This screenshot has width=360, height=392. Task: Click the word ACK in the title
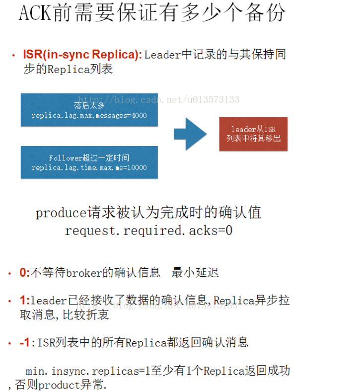pos(35,12)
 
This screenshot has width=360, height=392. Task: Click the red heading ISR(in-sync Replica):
pos(82,55)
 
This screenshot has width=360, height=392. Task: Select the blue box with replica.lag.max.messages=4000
pos(89,110)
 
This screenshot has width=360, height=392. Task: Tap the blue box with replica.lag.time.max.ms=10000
pos(89,162)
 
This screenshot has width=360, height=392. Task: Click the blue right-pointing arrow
pos(190,134)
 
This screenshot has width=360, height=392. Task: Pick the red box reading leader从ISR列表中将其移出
pos(253,134)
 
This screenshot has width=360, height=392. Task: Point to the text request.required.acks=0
pos(148,231)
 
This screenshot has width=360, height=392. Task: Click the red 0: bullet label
pos(24,272)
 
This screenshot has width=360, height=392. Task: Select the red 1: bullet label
pos(24,300)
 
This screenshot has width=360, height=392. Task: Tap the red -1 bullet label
pos(24,342)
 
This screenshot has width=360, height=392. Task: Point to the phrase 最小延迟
pos(195,272)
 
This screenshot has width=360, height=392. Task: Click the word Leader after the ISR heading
pos(162,55)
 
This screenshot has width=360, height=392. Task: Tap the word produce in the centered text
pos(61,213)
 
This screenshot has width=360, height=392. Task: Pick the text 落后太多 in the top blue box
pos(89,105)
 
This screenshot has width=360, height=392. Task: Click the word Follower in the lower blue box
pos(66,158)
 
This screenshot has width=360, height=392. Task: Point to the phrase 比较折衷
pos(86,314)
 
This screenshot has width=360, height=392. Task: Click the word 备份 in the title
pos(265,12)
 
